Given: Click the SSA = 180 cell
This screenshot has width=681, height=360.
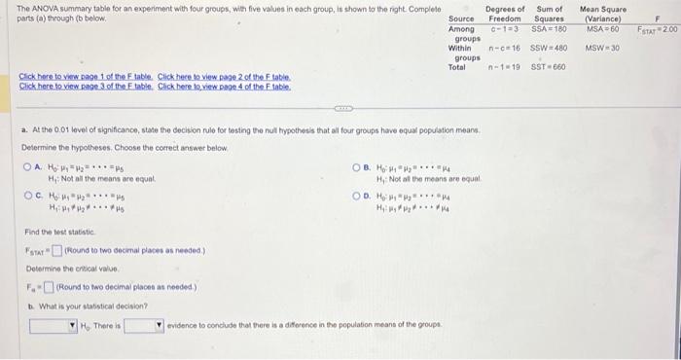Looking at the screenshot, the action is pos(549,29).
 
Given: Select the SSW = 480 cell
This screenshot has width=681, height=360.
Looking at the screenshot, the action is pos(549,47).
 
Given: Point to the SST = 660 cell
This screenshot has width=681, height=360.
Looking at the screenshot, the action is pos(549,66).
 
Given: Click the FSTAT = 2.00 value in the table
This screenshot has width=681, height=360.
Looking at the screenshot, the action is pos(657,30).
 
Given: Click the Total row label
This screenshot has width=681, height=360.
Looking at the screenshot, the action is pos(457,66).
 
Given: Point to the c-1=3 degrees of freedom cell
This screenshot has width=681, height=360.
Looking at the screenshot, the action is pos(504,29).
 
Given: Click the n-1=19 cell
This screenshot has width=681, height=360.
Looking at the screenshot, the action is pos(504,66).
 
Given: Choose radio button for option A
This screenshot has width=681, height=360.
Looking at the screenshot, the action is pos(28,166).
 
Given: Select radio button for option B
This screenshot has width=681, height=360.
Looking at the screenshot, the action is pos(357,166).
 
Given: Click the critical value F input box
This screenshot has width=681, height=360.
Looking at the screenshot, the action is pos(52,286).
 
